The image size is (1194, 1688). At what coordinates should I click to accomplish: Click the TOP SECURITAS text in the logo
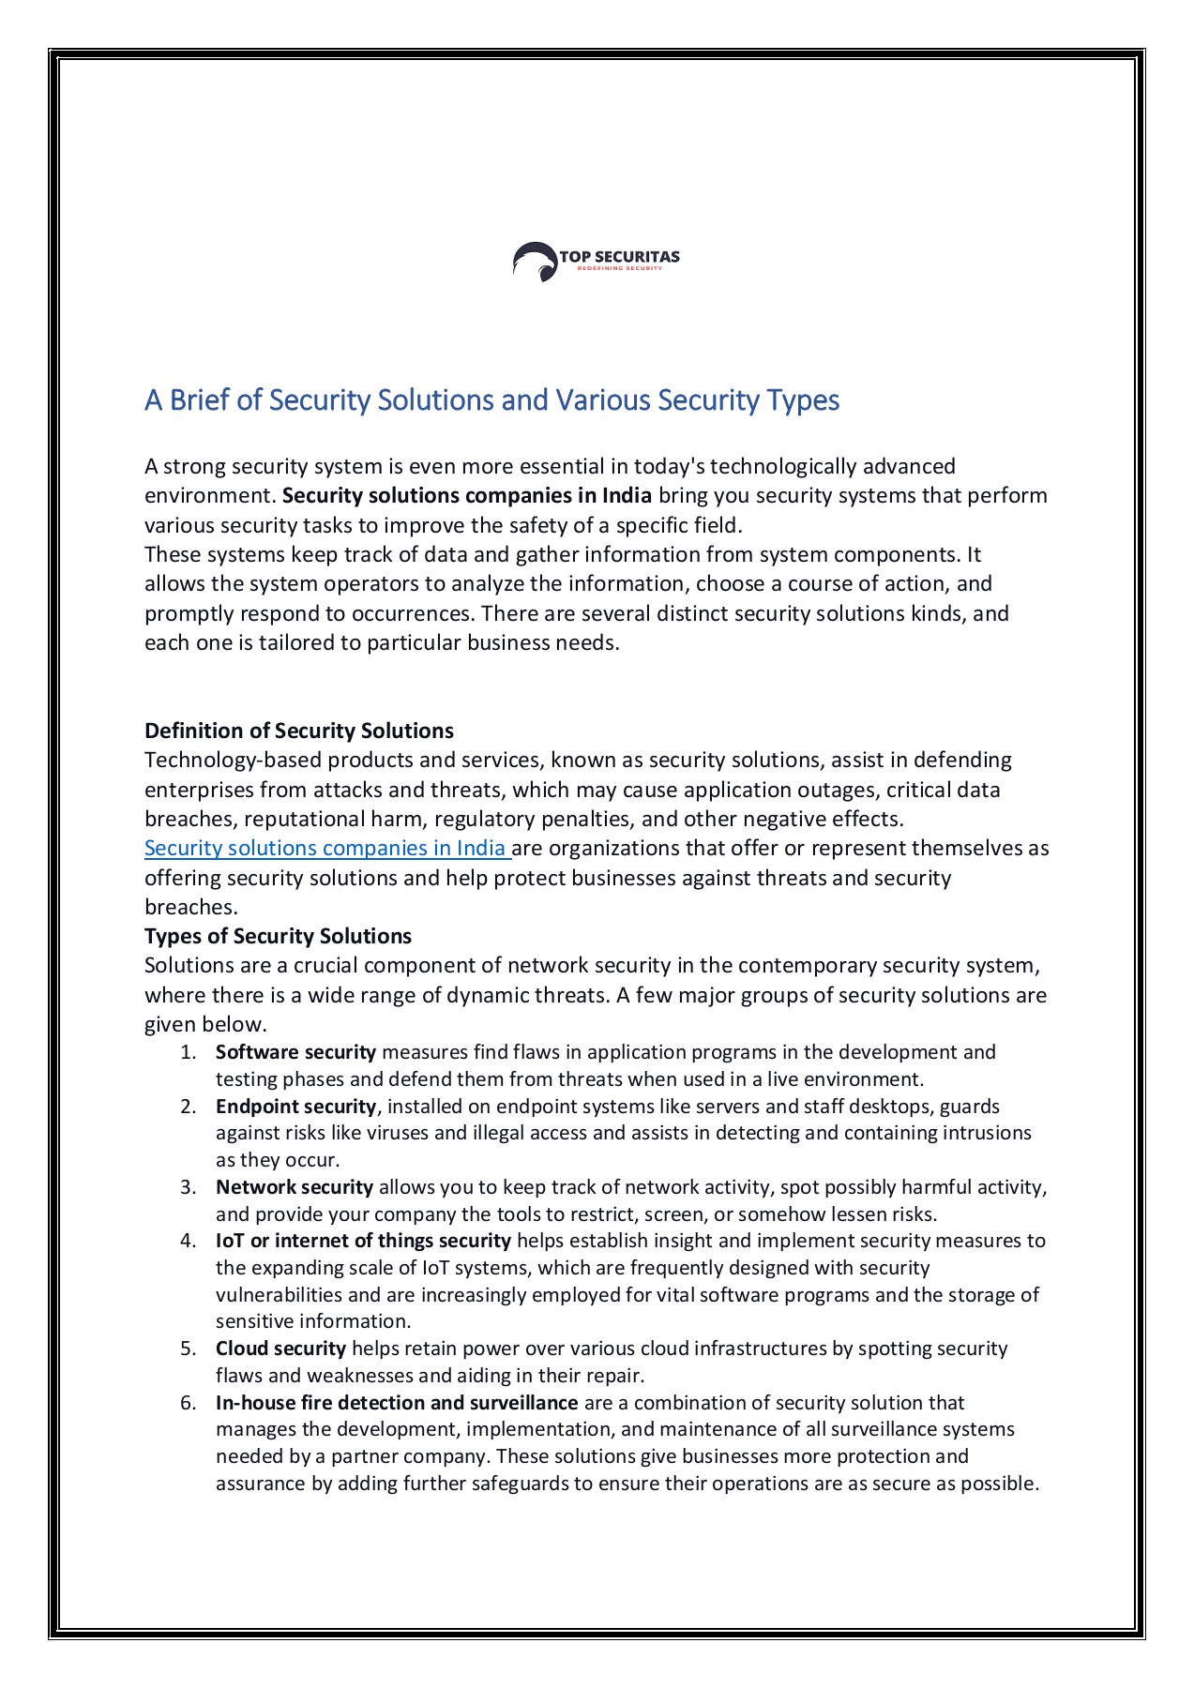619,256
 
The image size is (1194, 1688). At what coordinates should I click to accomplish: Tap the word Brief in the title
200,400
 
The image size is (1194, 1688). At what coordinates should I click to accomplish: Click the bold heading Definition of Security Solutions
298,731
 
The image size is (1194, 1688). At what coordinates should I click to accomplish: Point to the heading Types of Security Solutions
278,936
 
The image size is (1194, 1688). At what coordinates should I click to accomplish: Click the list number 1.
188,1052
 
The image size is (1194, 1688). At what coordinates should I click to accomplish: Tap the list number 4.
188,1241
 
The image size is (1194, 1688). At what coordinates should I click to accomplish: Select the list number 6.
188,1403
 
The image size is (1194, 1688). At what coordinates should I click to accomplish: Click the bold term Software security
295,1052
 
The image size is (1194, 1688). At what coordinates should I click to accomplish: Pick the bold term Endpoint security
295,1107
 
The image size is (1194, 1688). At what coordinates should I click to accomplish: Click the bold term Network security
295,1187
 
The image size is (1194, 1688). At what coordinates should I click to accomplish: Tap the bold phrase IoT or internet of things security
363,1241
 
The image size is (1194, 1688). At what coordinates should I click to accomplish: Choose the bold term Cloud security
280,1349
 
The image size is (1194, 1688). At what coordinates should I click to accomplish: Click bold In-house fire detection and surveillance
396,1403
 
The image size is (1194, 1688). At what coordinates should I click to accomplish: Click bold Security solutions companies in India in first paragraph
466,495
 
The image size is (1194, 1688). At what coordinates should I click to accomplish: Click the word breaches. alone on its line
190,907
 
